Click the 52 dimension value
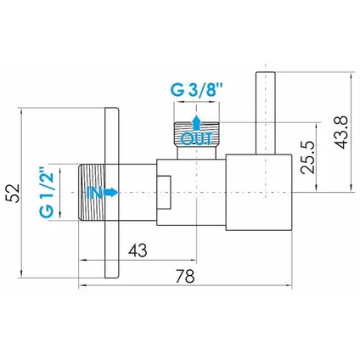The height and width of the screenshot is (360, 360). point(13,193)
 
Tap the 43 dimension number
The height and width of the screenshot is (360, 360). point(138,250)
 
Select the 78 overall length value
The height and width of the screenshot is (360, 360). point(185,276)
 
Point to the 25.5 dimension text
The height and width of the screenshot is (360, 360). point(307,157)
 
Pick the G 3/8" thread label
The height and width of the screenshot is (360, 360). point(196,90)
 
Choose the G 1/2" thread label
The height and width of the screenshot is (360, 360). point(46,193)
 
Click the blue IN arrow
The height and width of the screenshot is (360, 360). point(110,193)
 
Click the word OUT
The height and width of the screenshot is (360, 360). point(196,139)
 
